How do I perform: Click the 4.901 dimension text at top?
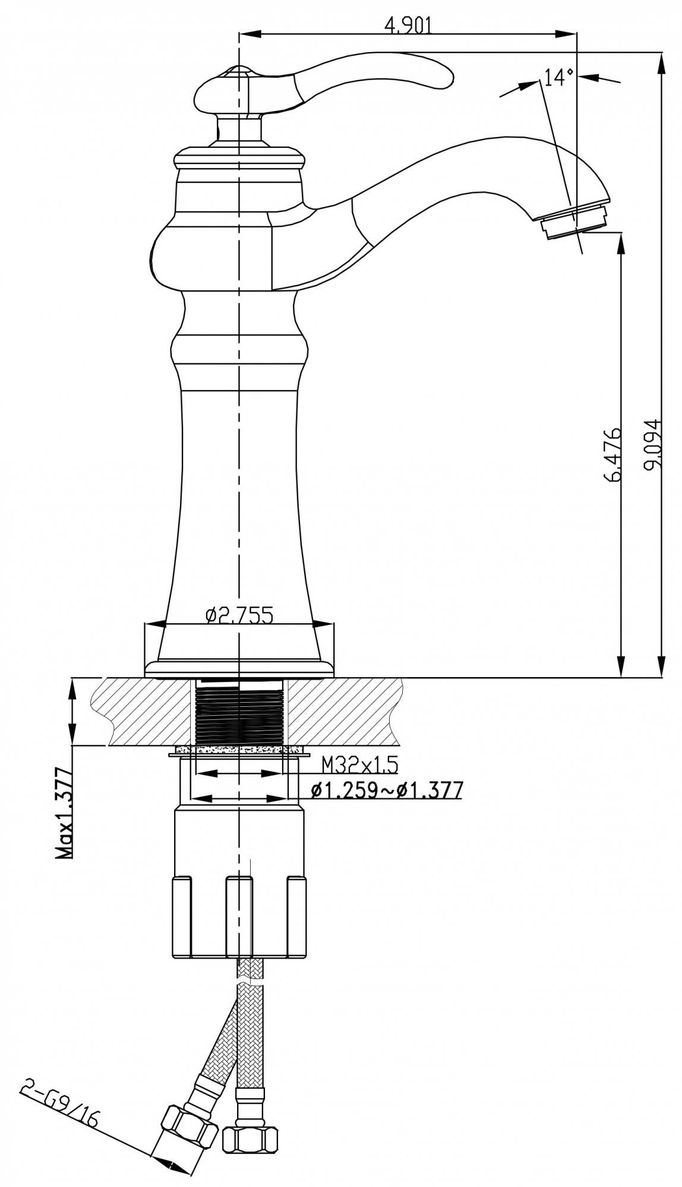point(408,26)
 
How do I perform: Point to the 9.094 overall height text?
point(653,445)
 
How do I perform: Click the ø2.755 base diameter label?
point(239,615)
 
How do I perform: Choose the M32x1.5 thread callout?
point(359,765)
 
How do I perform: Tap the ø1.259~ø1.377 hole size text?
point(386,790)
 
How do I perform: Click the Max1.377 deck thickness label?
point(64,813)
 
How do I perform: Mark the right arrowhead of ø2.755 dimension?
point(324,624)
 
